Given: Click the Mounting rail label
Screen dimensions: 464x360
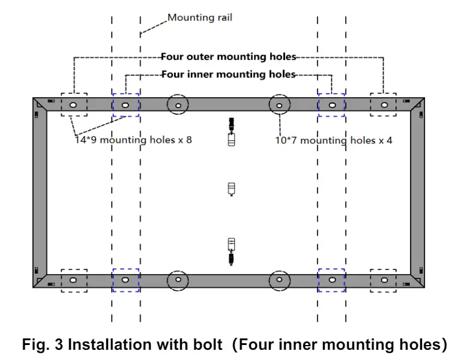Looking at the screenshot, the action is tap(200, 18).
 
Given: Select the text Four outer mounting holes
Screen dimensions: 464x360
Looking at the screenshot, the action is tap(229, 56).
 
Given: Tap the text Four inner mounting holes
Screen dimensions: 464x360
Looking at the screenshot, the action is tap(229, 74).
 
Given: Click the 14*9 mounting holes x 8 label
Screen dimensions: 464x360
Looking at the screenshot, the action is tap(133, 140).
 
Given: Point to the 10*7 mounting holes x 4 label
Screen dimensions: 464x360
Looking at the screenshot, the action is tap(334, 140).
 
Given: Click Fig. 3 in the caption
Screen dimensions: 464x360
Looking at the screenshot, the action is tap(42, 344).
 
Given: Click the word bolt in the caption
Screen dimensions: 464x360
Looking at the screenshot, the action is tap(208, 344).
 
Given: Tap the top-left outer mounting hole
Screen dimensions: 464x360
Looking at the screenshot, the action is tap(73, 105).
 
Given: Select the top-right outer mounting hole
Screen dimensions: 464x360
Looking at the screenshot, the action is tap(384, 105).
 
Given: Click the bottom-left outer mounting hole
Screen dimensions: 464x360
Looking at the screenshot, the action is tap(73, 280).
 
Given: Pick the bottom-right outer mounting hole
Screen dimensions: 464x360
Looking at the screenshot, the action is tap(384, 280).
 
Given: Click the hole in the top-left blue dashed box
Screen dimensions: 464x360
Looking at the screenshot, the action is tap(125, 105).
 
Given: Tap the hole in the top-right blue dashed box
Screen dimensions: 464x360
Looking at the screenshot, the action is tap(333, 105).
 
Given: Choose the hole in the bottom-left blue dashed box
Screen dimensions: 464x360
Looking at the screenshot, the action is tap(125, 280).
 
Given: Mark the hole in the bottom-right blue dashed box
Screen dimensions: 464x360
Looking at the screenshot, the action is tap(333, 280).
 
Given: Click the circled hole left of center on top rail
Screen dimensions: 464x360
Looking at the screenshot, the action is tap(178, 106).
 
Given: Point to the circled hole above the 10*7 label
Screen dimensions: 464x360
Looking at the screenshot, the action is tap(279, 106).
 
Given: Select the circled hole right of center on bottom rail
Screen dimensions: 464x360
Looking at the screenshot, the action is tap(279, 280).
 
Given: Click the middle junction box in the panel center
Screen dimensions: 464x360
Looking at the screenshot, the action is tap(232, 190).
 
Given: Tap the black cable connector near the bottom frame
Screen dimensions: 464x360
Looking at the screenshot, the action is tap(232, 258).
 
